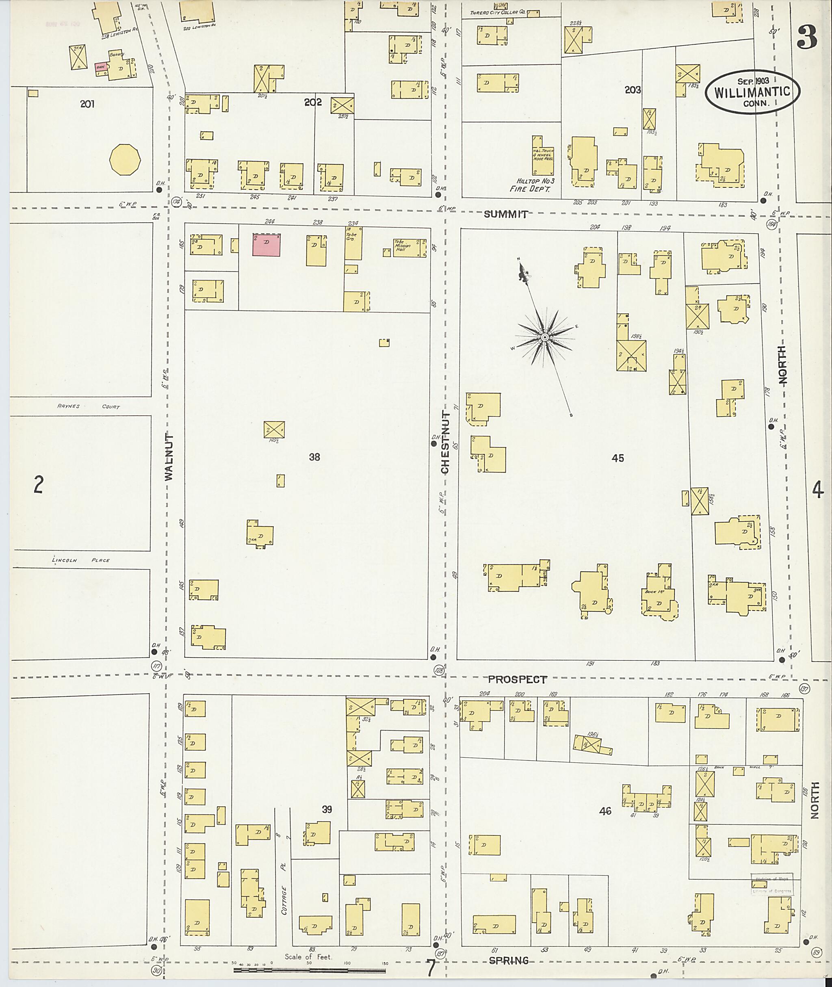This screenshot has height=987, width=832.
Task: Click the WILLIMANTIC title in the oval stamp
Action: click(x=752, y=92)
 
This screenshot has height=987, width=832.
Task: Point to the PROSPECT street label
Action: click(x=517, y=679)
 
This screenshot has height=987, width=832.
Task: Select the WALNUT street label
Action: click(x=169, y=457)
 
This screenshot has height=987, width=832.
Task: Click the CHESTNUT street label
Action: click(x=445, y=442)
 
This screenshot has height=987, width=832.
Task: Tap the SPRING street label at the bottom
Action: click(x=509, y=960)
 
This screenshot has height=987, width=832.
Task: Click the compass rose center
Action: click(x=545, y=337)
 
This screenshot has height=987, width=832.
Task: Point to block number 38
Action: click(x=314, y=457)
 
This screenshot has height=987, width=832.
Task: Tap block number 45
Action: click(x=617, y=458)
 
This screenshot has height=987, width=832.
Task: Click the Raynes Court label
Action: click(x=88, y=406)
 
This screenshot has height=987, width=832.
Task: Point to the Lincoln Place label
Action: click(x=80, y=560)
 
